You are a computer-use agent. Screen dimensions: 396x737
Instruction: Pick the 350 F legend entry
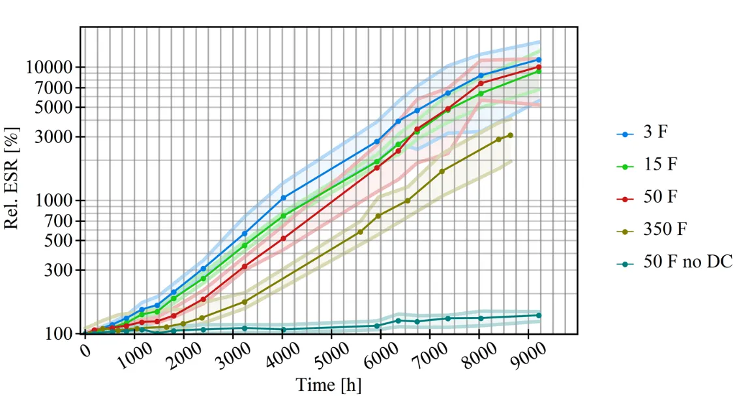pyautogui.click(x=665, y=230)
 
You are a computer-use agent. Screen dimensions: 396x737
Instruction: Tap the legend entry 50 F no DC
pyautogui.click(x=687, y=262)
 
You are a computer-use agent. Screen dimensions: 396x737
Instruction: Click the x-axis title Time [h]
pyautogui.click(x=328, y=384)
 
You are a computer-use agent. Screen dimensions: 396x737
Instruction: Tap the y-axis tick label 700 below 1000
pyautogui.click(x=63, y=221)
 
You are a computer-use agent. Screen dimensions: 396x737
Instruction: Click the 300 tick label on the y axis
pyautogui.click(x=63, y=270)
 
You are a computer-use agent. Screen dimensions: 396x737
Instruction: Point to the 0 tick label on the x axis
pyautogui.click(x=86, y=352)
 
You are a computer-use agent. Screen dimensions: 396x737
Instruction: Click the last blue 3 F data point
pyautogui.click(x=539, y=59)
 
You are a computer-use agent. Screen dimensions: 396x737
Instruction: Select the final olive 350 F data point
pyautogui.click(x=510, y=135)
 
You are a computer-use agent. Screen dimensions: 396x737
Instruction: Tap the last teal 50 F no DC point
pyautogui.click(x=539, y=315)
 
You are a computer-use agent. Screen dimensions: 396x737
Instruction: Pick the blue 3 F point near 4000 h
pyautogui.click(x=283, y=198)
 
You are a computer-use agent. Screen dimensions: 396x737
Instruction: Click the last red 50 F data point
pyautogui.click(x=539, y=67)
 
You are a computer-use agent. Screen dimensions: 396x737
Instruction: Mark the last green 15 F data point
pyautogui.click(x=539, y=71)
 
